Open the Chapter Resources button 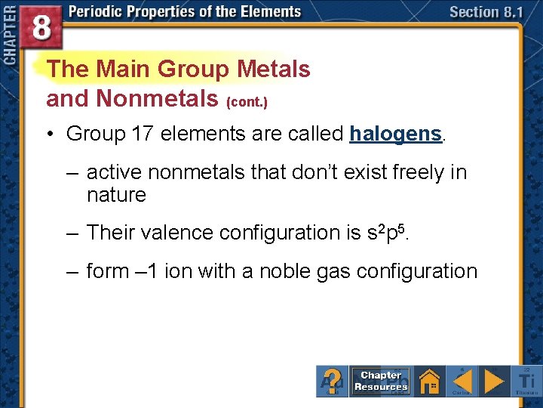[x=382, y=381]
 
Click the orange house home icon [x=430, y=381]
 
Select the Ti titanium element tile [x=526, y=381]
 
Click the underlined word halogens [x=395, y=134]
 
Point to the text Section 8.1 [x=485, y=12]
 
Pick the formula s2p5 [x=384, y=232]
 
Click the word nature [x=116, y=195]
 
